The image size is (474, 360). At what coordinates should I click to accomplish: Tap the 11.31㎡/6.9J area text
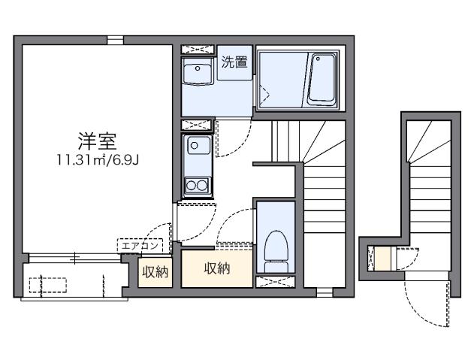[98, 159]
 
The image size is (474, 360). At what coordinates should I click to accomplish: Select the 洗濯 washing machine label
[234, 63]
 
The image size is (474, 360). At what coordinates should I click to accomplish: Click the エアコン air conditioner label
[140, 244]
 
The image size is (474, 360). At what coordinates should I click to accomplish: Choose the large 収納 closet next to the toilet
[216, 268]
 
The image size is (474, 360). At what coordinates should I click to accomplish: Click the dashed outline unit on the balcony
[47, 285]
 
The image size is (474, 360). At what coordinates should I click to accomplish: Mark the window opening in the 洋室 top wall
[115, 40]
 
